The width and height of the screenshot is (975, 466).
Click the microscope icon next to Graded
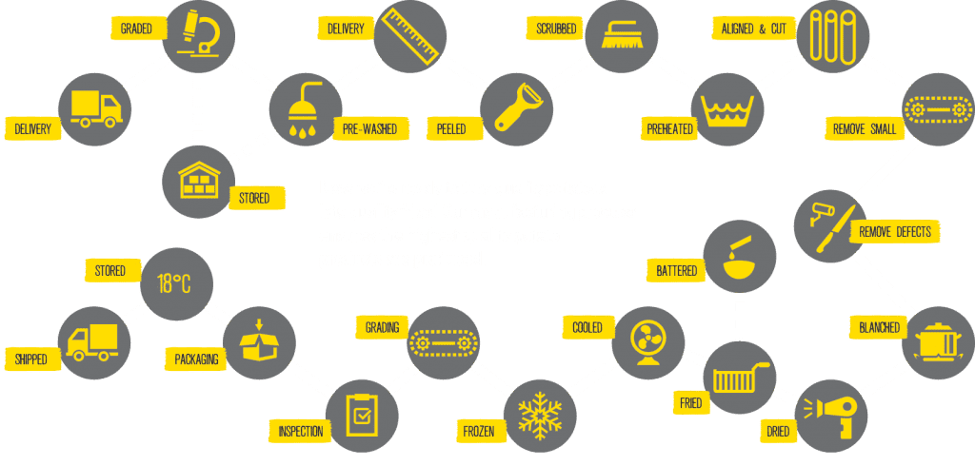(x=198, y=37)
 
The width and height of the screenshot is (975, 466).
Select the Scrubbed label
(x=556, y=28)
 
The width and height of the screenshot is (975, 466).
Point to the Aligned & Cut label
(x=754, y=29)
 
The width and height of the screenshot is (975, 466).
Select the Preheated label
(x=669, y=129)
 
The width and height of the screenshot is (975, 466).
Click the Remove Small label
(x=865, y=129)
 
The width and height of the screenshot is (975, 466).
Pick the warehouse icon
(x=198, y=182)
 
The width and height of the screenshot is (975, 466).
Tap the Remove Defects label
(x=894, y=232)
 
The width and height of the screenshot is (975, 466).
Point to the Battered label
(x=677, y=271)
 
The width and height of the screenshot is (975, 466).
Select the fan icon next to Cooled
(x=647, y=343)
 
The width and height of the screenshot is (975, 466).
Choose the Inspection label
(x=300, y=431)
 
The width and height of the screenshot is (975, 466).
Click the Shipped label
(x=30, y=359)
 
